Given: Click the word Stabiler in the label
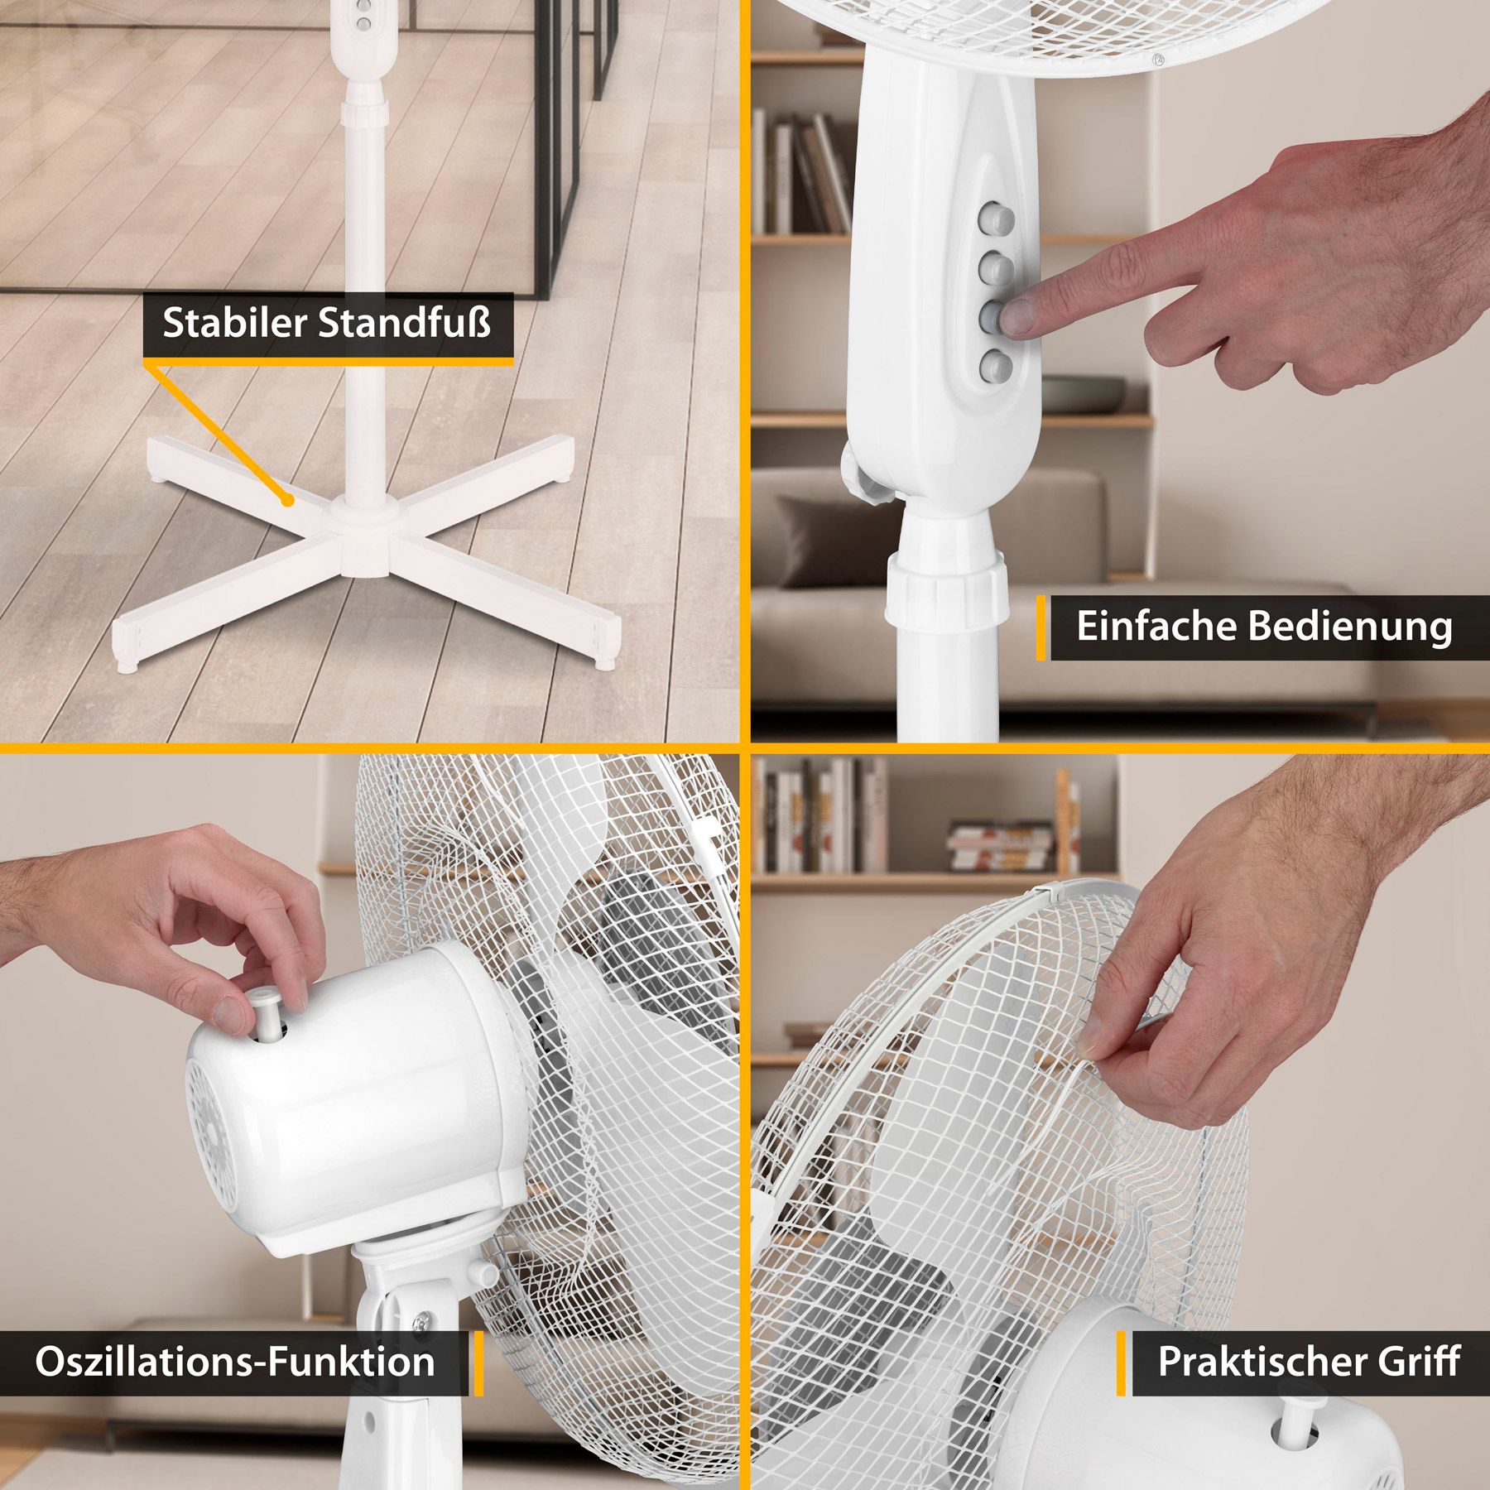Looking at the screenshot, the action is pos(235,323).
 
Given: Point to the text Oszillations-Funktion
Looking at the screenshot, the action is pos(235,1362).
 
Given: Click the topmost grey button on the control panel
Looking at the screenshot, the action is pos(996,219).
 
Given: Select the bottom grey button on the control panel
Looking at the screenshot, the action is pos(996,365).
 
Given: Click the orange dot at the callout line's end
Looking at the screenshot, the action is pos(287,500).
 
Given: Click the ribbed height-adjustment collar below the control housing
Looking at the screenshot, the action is pos(947,589).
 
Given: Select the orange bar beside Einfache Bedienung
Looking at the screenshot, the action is pos(1041,627).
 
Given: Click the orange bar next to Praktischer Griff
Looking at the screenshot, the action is pos(1121,1363).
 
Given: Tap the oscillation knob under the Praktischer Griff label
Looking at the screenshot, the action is pos(1299,1420).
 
